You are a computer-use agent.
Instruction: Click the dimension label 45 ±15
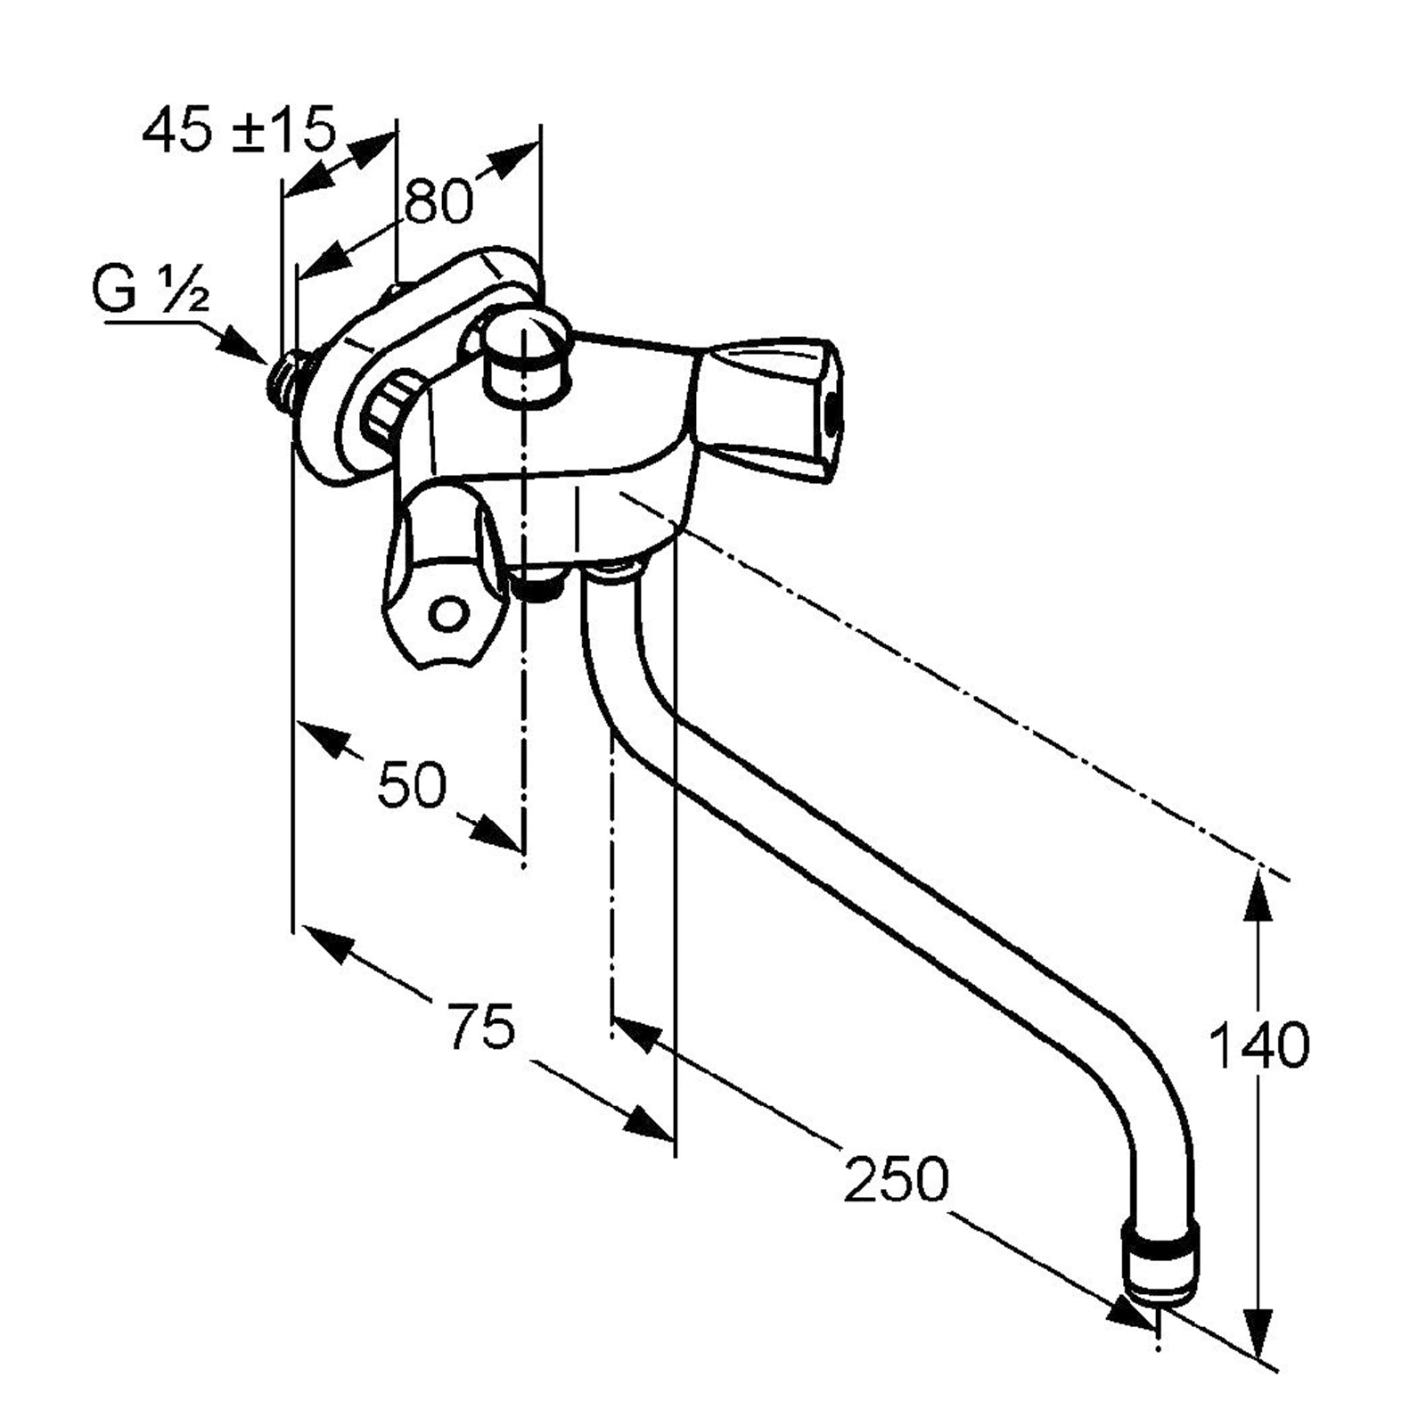(239, 130)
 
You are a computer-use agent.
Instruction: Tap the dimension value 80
(438, 201)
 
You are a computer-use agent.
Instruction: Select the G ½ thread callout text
(151, 291)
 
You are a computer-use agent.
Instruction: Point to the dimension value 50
(411, 786)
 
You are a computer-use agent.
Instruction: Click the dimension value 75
(481, 1025)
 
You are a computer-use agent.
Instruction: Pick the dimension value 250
(897, 1178)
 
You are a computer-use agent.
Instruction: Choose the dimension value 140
(1258, 1045)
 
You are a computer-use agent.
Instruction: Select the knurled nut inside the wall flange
(392, 408)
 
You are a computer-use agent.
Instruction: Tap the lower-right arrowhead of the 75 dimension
(647, 1125)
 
